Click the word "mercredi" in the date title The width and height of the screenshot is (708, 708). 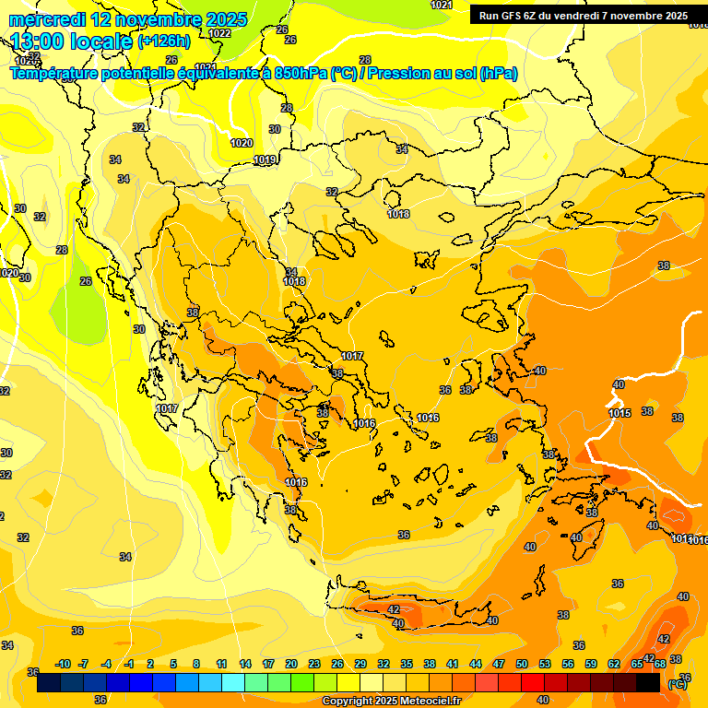pyautogui.click(x=47, y=19)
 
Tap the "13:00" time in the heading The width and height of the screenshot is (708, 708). pyautogui.click(x=39, y=41)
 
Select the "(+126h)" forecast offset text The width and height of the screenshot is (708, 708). pyautogui.click(x=164, y=41)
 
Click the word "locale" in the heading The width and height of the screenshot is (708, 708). pyautogui.click(x=102, y=41)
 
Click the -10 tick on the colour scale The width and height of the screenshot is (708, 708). pyautogui.click(x=63, y=664)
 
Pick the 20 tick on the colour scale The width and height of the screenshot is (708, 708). pyautogui.click(x=291, y=664)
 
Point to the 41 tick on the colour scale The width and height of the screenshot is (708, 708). pyautogui.click(x=453, y=664)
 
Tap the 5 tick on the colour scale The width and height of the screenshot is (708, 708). pyautogui.click(x=173, y=664)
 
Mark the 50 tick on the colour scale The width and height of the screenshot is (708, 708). pyautogui.click(x=522, y=664)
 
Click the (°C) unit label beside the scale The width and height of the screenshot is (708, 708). pyautogui.click(x=677, y=684)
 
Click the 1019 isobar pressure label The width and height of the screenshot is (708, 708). pyautogui.click(x=265, y=160)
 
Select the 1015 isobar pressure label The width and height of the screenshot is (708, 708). pyautogui.click(x=619, y=413)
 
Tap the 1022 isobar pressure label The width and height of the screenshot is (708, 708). pyautogui.click(x=219, y=33)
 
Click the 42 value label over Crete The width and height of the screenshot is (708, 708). pyautogui.click(x=394, y=609)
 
